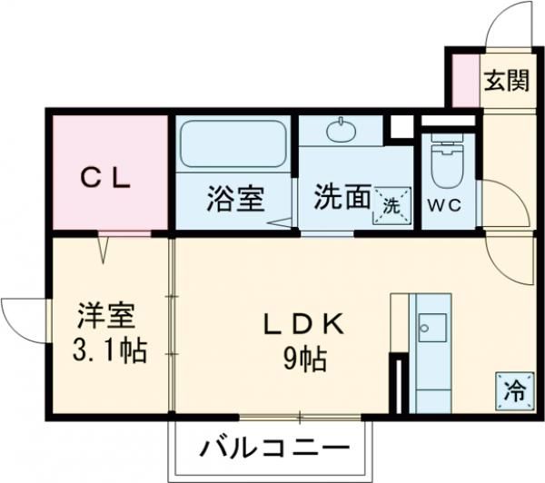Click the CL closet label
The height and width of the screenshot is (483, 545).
click(x=105, y=179)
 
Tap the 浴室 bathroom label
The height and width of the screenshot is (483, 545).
click(x=235, y=199)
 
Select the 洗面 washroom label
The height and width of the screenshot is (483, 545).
click(x=342, y=196)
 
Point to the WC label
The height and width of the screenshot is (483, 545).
click(x=444, y=205)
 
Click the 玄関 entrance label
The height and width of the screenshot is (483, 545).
click(x=507, y=80)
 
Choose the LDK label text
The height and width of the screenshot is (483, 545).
click(x=304, y=324)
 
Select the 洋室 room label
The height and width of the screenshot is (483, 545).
click(x=105, y=316)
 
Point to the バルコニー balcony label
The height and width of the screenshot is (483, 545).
click(x=274, y=448)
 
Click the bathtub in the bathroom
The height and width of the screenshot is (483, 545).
click(x=233, y=143)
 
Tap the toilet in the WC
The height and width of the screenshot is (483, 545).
click(x=447, y=161)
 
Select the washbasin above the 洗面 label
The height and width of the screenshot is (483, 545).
click(x=342, y=131)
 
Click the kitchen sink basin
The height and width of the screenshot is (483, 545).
click(x=432, y=328)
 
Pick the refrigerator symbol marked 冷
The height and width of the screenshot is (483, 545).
click(x=515, y=391)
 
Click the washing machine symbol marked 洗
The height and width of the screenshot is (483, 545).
click(x=391, y=206)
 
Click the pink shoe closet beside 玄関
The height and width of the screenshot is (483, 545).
click(x=466, y=80)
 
